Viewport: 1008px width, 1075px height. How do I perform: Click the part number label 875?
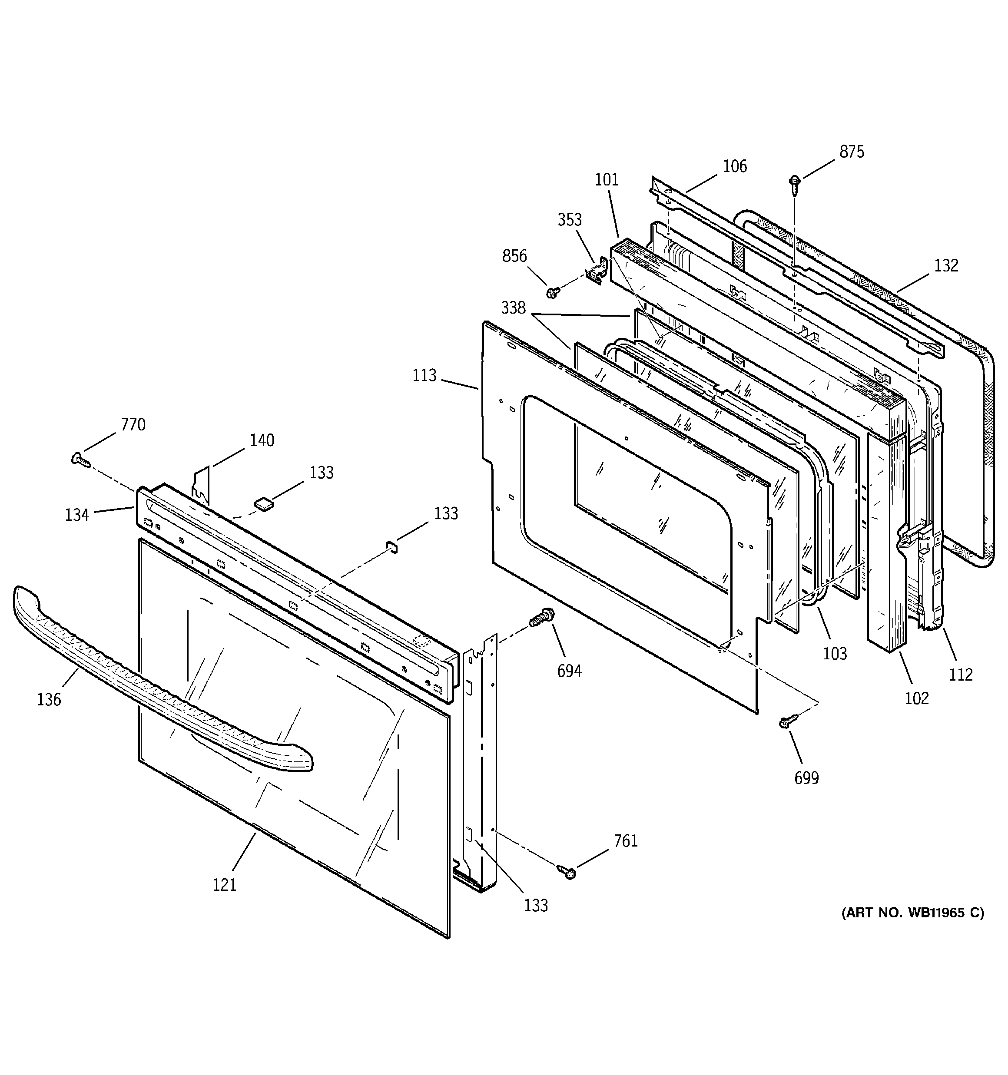[x=852, y=152]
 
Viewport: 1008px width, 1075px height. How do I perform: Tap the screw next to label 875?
[x=795, y=184]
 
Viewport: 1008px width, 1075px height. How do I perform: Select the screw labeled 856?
[x=552, y=293]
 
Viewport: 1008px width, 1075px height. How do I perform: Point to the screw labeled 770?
[x=80, y=459]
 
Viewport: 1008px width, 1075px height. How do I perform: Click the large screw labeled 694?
[x=542, y=617]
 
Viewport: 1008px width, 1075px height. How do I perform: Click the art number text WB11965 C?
[x=912, y=913]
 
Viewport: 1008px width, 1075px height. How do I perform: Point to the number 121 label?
[x=225, y=885]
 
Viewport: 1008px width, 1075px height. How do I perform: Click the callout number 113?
[x=424, y=375]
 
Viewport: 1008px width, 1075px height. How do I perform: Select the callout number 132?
[x=946, y=265]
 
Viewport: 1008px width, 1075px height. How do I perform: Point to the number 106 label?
[x=735, y=166]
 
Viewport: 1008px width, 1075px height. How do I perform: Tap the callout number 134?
[x=77, y=515]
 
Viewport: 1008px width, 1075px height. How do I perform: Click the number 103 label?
[x=835, y=653]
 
